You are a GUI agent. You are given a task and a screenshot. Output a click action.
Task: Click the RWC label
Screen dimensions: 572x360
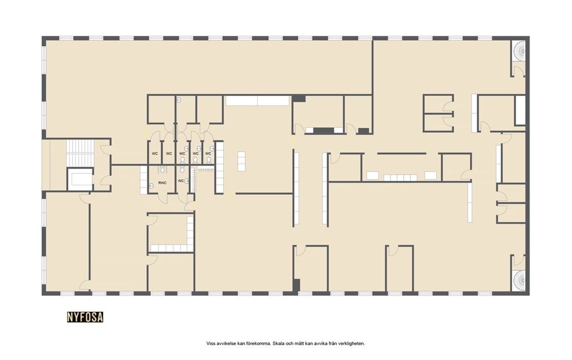[163, 183]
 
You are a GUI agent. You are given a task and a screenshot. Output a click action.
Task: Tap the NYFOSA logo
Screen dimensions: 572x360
[85, 317]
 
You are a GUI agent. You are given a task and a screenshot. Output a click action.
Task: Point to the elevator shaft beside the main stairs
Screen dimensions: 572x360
[80, 179]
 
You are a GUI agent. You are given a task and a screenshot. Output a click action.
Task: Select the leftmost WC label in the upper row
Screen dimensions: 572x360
[155, 153]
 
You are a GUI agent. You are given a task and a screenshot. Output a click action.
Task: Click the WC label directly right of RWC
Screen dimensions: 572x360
[181, 181]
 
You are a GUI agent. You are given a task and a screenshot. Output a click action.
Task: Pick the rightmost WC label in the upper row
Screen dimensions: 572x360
[208, 153]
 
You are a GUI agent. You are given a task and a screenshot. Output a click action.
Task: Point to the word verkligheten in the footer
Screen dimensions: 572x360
[352, 343]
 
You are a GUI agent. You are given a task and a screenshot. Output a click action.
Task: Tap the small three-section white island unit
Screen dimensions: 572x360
[241, 161]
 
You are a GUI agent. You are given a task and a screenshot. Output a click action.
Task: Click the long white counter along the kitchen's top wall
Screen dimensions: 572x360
[258, 100]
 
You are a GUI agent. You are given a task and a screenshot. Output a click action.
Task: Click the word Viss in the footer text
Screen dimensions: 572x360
[211, 343]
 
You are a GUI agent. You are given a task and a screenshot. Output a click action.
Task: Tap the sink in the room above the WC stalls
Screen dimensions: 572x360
[179, 99]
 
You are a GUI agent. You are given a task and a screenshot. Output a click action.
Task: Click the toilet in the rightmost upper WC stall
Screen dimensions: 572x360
[209, 160]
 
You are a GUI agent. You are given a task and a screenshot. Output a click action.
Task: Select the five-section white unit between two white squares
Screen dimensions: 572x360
[400, 178]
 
